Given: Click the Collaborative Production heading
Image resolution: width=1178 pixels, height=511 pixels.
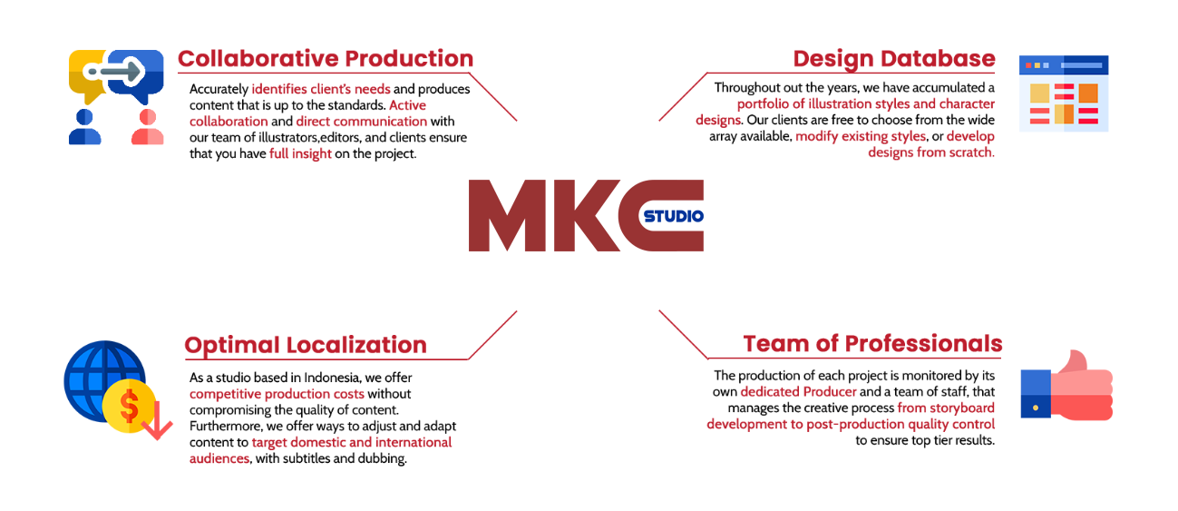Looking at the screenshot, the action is (326, 59).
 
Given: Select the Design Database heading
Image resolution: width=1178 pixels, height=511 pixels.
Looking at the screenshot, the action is (893, 59).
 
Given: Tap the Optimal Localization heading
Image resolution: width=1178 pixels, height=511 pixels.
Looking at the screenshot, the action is (306, 345).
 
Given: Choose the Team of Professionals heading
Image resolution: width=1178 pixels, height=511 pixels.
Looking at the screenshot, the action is (872, 344).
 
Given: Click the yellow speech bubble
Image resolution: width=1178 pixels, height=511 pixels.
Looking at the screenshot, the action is (88, 74).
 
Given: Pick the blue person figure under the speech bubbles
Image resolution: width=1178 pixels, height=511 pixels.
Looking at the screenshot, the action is (84, 128).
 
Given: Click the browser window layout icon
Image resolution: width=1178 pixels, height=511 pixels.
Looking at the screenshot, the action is (1063, 94).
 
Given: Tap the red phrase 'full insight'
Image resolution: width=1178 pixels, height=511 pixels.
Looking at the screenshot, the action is (300, 154).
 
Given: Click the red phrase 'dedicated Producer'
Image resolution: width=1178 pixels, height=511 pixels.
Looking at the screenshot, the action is (798, 392).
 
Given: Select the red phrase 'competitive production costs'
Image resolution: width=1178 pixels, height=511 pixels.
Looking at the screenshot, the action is (277, 394).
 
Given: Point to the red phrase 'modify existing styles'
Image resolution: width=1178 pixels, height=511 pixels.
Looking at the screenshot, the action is (861, 137).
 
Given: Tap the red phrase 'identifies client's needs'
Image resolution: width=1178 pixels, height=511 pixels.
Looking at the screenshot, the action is (321, 89).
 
